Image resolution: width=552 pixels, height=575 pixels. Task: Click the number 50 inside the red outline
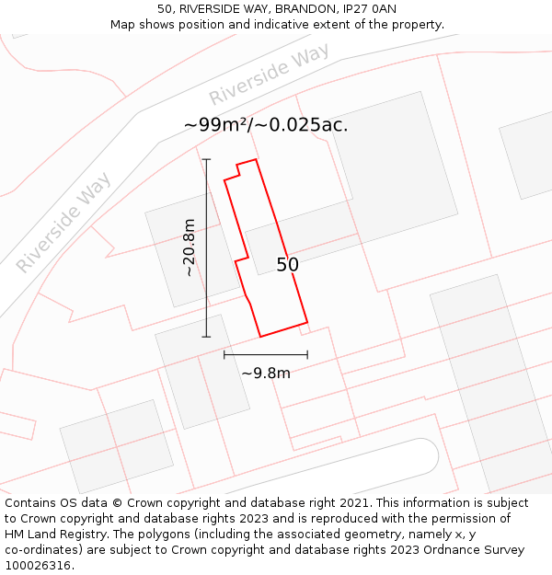287,265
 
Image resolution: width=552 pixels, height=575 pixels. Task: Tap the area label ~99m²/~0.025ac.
266,125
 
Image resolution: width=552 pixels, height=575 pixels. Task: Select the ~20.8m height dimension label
189,247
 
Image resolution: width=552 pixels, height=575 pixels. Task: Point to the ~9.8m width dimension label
266,373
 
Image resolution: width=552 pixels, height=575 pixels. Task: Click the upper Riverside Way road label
269,75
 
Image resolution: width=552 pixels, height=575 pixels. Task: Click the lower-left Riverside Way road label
63,222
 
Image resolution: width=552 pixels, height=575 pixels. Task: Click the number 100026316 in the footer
36,566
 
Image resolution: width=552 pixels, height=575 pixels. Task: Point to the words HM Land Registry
53,535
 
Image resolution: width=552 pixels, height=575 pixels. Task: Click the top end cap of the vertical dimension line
206,159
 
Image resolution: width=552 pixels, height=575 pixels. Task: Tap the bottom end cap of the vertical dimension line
206,337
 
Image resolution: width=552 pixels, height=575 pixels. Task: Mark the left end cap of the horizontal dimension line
224,354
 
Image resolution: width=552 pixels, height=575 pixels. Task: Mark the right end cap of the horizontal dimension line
307,354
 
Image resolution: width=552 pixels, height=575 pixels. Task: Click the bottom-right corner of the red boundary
307,323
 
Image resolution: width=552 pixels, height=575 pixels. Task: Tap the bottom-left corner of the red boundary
260,337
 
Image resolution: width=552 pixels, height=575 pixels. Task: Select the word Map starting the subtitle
123,24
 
